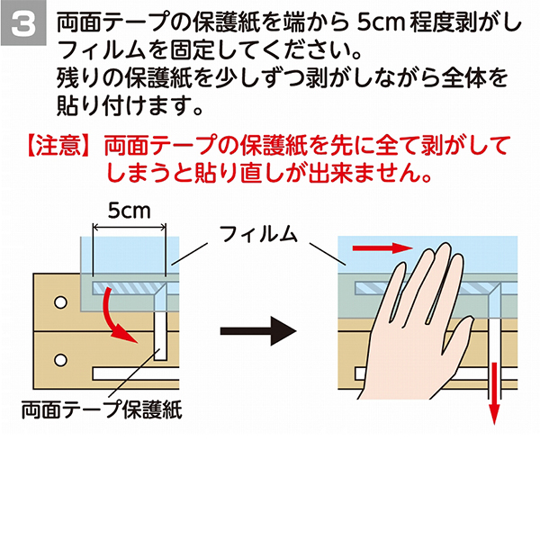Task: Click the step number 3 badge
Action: pos(23,23)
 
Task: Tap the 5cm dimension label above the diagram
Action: pos(129,211)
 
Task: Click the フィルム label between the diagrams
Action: pos(258,235)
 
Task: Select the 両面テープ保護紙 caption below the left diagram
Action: pos(102,409)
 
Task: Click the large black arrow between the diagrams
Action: pos(258,331)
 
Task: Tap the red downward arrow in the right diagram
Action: pos(494,393)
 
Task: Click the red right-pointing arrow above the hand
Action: pos(382,247)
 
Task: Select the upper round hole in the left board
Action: pos(60,302)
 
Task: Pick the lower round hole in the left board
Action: pos(60,360)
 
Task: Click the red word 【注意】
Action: pos(58,146)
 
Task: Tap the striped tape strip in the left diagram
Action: pos(128,288)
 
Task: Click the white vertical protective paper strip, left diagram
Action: pos(160,336)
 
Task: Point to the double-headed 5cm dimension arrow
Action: pos(130,227)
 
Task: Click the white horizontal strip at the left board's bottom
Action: pos(136,374)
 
